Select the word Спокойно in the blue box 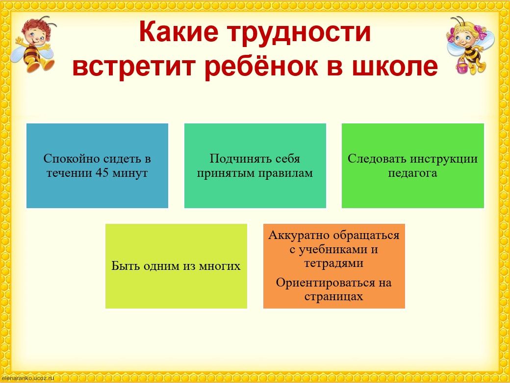(72, 159)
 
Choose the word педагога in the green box (412, 173)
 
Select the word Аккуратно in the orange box (299, 235)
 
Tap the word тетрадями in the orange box (333, 263)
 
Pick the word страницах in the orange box (333, 296)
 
